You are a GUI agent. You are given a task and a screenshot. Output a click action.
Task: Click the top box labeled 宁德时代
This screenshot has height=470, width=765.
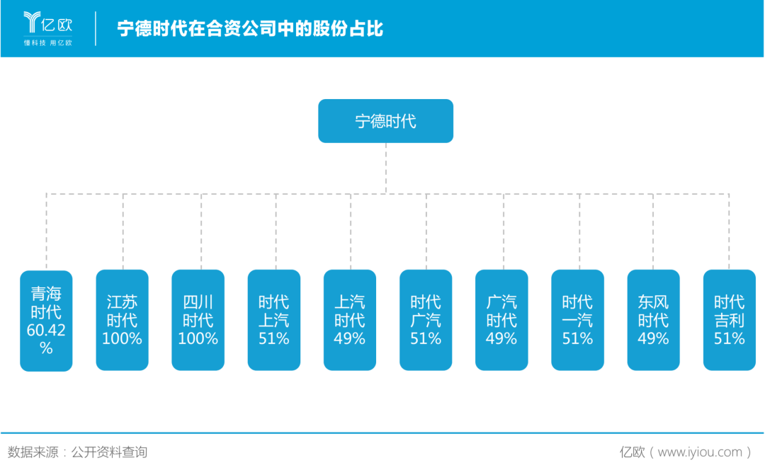[x=385, y=121]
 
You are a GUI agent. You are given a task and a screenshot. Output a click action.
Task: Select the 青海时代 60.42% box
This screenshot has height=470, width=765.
[x=46, y=320]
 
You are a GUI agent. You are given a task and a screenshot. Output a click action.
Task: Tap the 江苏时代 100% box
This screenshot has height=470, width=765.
[x=122, y=320]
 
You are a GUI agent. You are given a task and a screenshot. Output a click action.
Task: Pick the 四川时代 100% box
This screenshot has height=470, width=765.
[x=198, y=320]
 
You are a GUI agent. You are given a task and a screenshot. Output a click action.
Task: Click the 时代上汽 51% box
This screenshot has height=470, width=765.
[x=273, y=320]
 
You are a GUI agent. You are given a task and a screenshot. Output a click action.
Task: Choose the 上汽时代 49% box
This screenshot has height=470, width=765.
[x=349, y=320]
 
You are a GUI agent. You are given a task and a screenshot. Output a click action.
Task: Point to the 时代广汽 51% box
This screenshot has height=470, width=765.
[x=425, y=320]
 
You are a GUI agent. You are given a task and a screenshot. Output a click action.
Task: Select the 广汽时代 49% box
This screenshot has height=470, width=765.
[x=501, y=320]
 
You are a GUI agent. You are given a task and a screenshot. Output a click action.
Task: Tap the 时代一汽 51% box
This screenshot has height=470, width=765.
[x=577, y=320]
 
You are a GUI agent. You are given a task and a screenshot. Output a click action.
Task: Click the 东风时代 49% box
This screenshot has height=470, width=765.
[x=652, y=320]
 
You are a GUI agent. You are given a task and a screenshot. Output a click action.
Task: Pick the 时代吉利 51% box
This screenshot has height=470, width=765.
[x=729, y=320]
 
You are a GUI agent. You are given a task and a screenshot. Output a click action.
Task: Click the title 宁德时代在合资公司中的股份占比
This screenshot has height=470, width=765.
[x=249, y=29]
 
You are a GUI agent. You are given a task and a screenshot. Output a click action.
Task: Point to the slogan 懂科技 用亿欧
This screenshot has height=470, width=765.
[x=47, y=43]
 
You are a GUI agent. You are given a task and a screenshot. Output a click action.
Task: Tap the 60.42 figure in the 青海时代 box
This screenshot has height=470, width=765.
[x=46, y=330]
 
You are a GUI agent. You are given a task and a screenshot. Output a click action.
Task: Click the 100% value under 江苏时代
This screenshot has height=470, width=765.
[x=122, y=339]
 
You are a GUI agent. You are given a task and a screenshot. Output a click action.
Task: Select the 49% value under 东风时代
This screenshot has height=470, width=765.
[x=652, y=339]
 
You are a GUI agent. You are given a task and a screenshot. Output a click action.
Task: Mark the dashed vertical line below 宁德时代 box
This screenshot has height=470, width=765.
[x=386, y=168]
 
